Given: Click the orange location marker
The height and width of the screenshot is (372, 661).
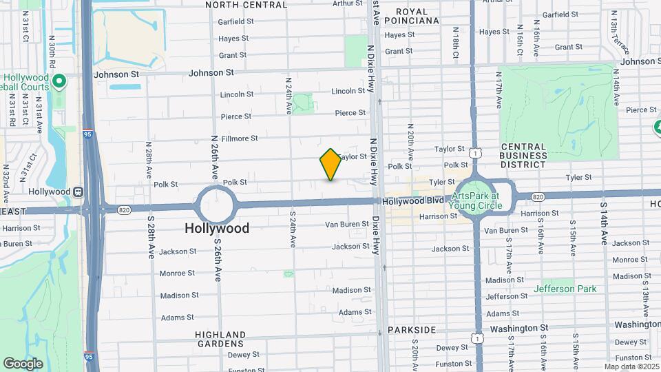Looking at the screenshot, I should [330, 165].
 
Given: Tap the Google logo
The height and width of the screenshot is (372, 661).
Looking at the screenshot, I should [23, 363].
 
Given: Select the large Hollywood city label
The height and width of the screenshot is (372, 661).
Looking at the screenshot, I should [217, 228].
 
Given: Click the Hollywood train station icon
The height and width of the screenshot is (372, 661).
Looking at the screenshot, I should [78, 192].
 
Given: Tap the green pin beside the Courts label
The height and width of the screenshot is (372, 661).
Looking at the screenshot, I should [59, 82].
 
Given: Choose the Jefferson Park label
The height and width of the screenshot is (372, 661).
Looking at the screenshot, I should [565, 289].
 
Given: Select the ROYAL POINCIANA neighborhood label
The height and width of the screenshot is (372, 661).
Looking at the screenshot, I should [412, 16].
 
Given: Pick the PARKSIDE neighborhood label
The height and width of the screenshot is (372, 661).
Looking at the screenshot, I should [412, 330].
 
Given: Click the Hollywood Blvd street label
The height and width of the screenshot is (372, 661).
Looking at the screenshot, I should [411, 200].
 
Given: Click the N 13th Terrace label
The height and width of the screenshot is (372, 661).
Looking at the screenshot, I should [612, 32].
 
